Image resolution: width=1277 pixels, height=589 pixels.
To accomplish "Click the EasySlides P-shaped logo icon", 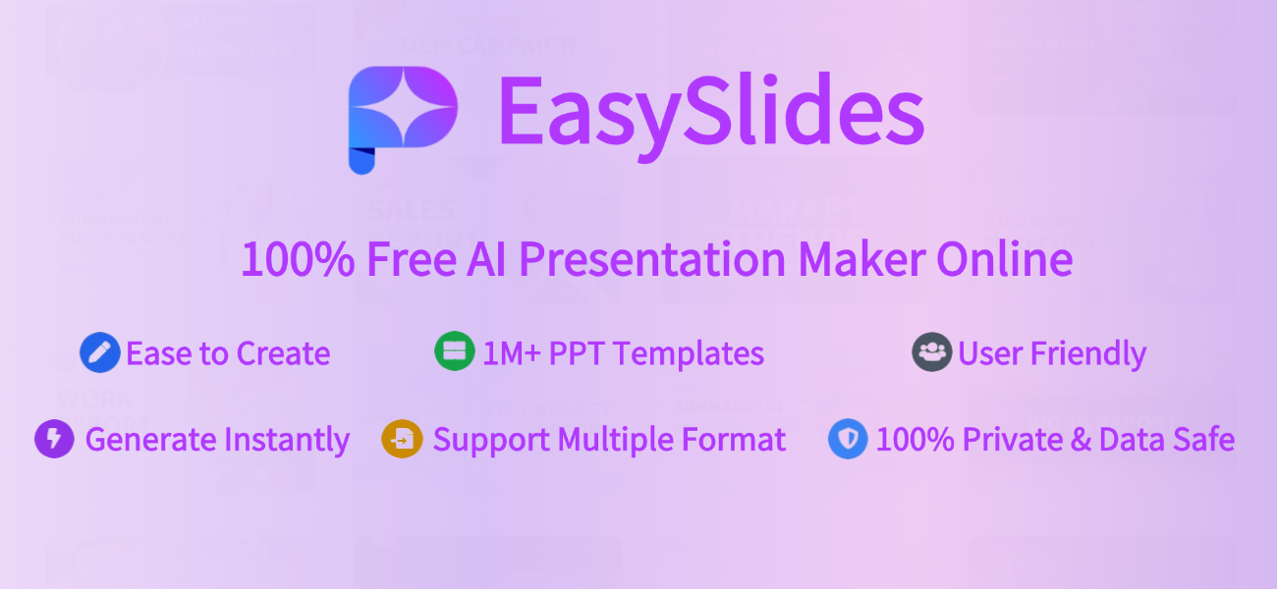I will (x=402, y=118).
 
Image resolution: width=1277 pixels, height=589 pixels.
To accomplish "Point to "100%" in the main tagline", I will (x=298, y=260).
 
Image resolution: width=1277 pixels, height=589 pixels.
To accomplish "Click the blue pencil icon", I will (x=99, y=352).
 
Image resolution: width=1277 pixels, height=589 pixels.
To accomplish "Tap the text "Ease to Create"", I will (x=228, y=353).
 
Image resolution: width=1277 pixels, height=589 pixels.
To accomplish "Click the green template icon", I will (x=454, y=351).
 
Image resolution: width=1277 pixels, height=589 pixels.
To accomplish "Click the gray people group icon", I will (x=931, y=352).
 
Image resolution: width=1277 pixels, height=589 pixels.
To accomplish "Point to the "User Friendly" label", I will (x=1052, y=353).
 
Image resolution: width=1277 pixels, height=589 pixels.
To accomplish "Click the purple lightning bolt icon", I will (x=54, y=439).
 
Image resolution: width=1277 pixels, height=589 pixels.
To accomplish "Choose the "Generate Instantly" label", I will (x=217, y=440).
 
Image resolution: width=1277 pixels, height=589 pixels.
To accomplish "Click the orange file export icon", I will (x=401, y=439).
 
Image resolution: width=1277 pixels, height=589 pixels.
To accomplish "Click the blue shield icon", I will (x=848, y=439).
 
